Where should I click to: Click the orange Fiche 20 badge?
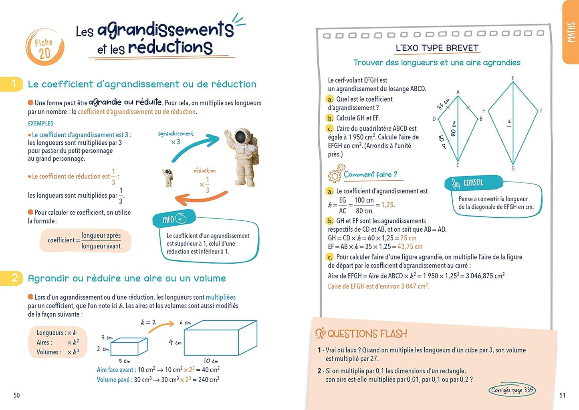click(x=44, y=48)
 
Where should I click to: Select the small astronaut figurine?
click(x=168, y=178)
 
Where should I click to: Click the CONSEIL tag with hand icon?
click(x=473, y=183)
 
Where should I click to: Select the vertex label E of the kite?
click(x=513, y=78)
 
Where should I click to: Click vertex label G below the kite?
click(x=513, y=168)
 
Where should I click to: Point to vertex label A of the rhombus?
click(x=458, y=92)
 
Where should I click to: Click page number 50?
click(x=16, y=395)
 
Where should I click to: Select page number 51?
click(x=562, y=395)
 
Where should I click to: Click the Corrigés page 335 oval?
click(x=512, y=390)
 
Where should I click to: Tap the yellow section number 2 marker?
click(x=12, y=278)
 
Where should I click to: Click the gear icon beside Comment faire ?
click(x=335, y=174)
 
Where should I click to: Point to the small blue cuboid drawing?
click(x=129, y=346)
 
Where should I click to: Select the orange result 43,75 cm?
click(x=410, y=247)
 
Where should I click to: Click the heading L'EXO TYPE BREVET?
click(x=437, y=48)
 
